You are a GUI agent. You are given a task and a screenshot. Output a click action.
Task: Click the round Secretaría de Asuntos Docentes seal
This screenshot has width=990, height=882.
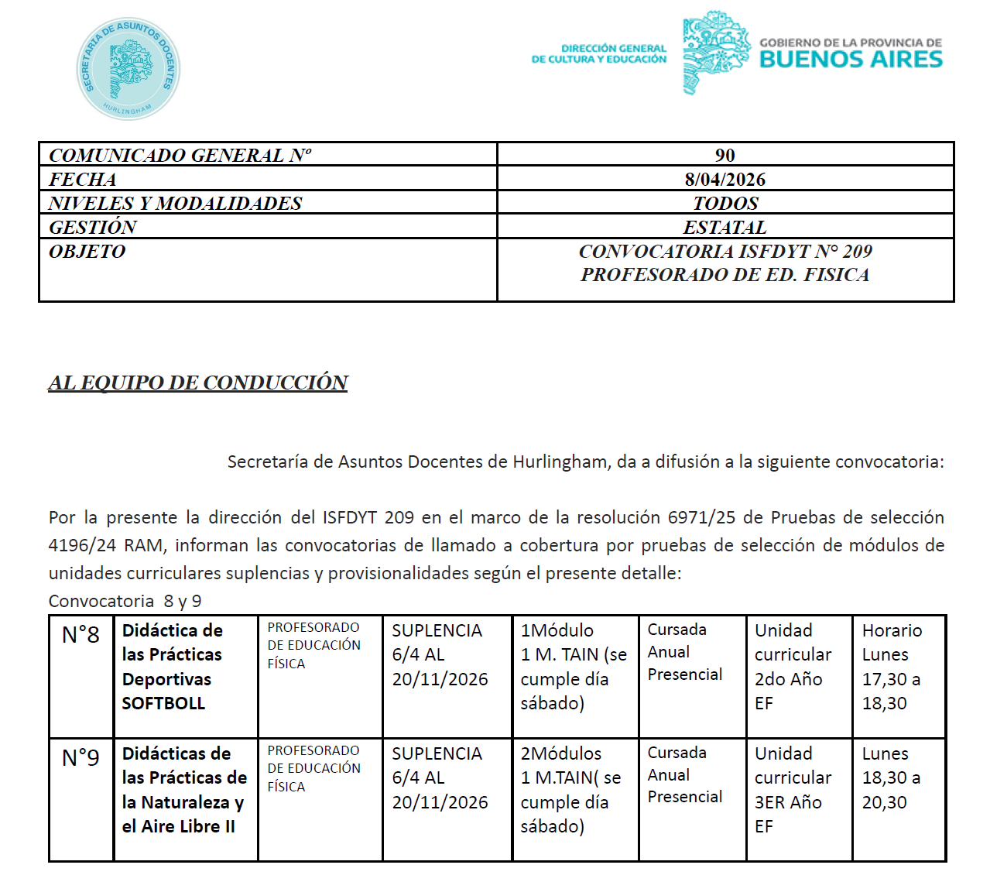[128, 69]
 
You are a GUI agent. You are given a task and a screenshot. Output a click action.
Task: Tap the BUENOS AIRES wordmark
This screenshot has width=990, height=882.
[851, 60]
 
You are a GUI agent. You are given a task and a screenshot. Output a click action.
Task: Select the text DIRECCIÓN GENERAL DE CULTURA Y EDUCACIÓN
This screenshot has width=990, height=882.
[598, 53]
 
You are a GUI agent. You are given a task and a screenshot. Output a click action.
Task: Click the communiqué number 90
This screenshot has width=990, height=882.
[725, 155]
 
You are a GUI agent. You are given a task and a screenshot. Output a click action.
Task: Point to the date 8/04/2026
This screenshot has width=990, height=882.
[725, 180]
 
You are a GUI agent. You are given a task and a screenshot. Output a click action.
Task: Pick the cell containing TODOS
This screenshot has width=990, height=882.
[725, 204]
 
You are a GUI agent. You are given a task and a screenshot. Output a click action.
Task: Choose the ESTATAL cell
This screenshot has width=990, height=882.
[725, 228]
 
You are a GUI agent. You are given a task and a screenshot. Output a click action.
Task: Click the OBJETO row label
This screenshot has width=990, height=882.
[87, 252]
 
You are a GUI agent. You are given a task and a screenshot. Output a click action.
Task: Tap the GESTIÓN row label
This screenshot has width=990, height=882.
[92, 228]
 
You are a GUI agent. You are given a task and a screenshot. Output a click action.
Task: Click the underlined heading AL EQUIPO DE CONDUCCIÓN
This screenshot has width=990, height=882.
[197, 383]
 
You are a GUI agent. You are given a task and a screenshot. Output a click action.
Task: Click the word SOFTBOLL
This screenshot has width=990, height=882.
[163, 703]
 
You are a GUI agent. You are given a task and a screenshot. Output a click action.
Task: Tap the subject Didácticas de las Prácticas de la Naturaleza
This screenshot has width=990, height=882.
[184, 789]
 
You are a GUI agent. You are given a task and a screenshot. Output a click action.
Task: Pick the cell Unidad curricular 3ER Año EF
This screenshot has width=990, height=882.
[793, 789]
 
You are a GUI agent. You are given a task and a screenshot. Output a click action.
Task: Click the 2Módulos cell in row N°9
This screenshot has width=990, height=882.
[573, 789]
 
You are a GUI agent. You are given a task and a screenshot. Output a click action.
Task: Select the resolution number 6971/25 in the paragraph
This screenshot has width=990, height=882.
[697, 517]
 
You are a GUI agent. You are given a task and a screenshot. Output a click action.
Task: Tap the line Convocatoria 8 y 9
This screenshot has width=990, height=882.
[125, 601]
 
